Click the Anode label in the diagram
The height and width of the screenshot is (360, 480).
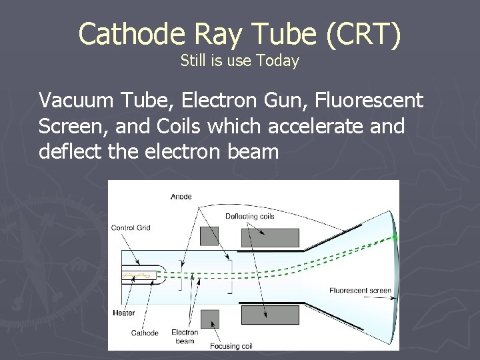(181, 197)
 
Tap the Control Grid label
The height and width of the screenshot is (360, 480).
(131, 228)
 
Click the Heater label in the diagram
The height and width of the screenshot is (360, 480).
(124, 313)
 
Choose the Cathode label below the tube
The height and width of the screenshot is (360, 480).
(145, 332)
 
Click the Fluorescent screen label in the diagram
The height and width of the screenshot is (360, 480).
(360, 290)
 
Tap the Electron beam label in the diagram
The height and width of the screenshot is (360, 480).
(185, 336)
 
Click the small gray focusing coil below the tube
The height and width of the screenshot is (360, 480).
(209, 318)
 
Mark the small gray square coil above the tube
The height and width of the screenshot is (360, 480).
(209, 236)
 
